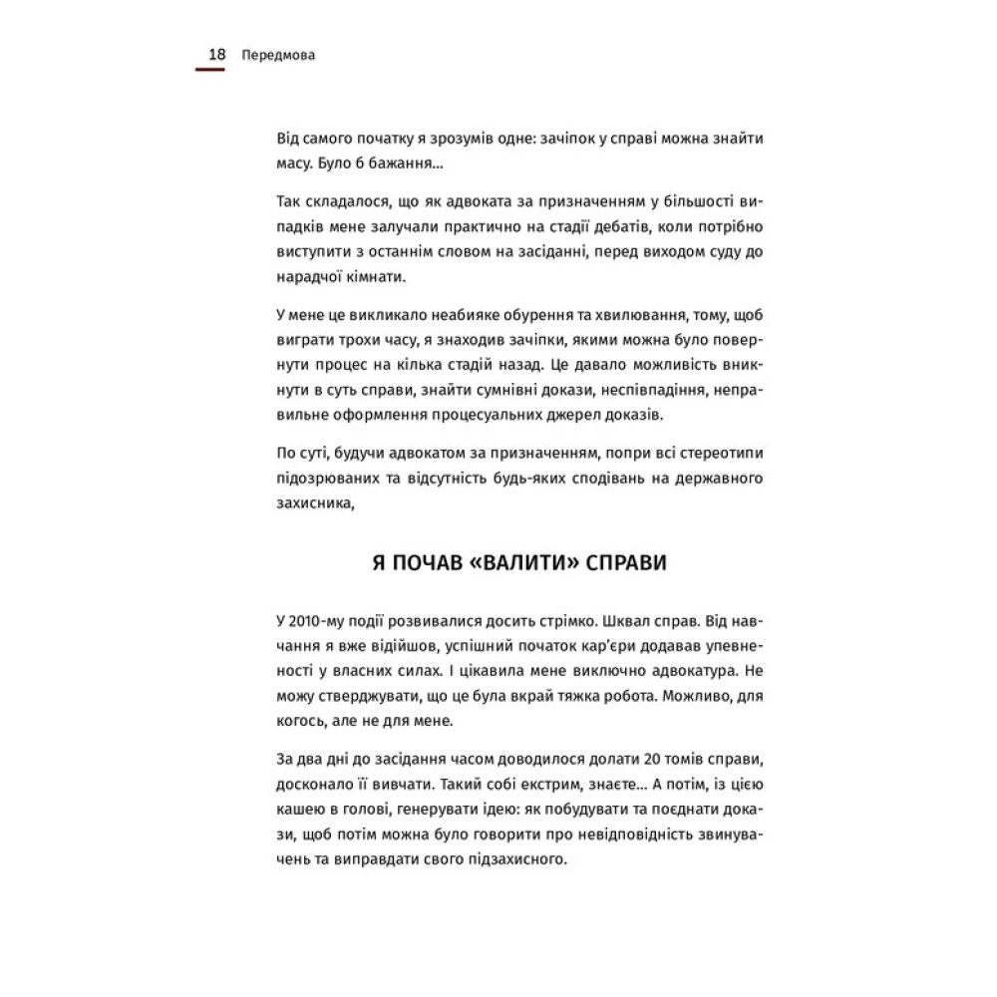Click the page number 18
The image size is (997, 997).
click(216, 55)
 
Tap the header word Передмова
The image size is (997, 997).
click(278, 56)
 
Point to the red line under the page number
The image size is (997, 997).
click(210, 70)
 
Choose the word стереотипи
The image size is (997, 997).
click(717, 453)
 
